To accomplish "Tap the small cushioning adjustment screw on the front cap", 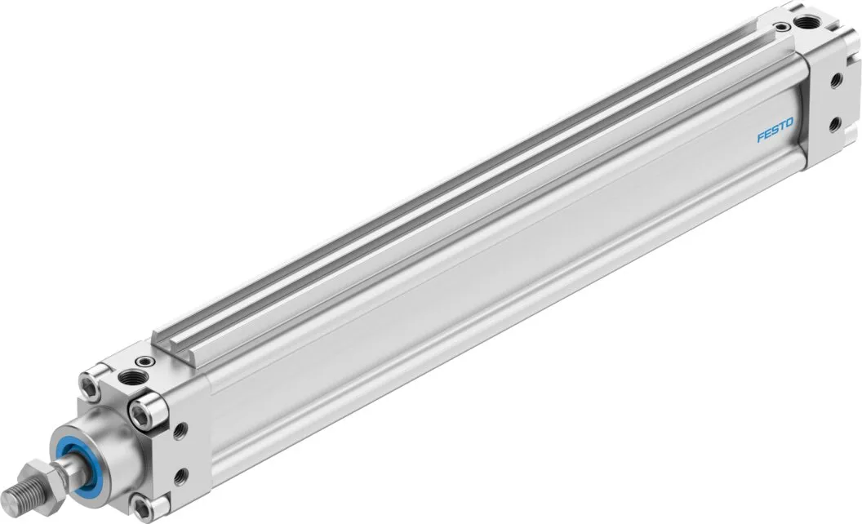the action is pyautogui.click(x=145, y=362).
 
